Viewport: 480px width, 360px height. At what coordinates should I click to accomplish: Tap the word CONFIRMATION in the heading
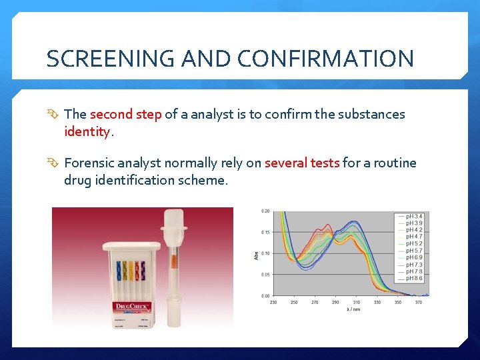(x=327, y=59)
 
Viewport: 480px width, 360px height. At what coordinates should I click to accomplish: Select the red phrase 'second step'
(x=125, y=114)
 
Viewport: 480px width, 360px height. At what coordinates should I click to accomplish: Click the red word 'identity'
(x=87, y=131)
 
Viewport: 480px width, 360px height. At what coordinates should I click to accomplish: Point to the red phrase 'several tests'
(x=302, y=163)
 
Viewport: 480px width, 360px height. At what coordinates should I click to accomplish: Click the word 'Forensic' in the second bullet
(x=90, y=163)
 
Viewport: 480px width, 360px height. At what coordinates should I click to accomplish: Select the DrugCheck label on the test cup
(x=132, y=307)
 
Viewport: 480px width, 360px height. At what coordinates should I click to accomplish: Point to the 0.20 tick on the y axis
(x=265, y=211)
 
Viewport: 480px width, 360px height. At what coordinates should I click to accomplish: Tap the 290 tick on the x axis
(x=335, y=303)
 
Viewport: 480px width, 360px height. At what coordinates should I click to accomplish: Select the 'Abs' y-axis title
(x=257, y=254)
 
